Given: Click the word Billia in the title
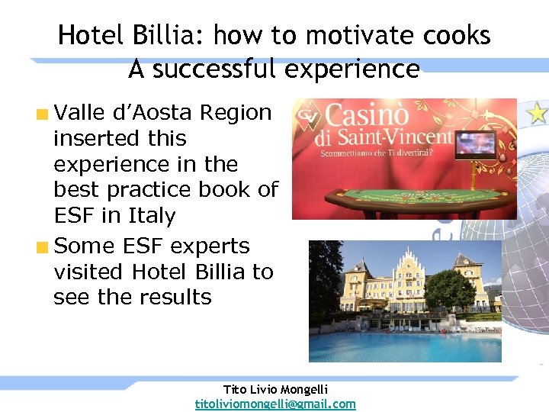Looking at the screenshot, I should [172, 35].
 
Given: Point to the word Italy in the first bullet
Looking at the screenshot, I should [149, 216].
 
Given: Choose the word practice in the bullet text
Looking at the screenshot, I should [151, 190].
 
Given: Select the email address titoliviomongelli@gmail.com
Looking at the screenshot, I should [275, 404].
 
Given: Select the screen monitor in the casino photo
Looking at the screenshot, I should [474, 144].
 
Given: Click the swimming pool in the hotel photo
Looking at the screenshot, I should [404, 347].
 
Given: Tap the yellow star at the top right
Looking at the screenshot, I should [538, 113].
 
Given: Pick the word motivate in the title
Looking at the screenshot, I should [352, 35].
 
